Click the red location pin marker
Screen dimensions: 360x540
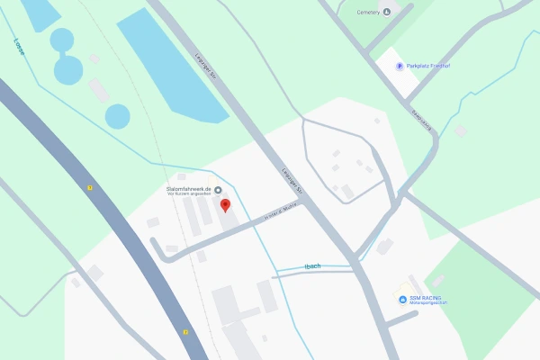click(225, 205)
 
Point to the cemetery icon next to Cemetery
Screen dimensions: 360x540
click(387, 11)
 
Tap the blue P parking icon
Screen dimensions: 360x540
click(400, 66)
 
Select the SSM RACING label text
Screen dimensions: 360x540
click(426, 298)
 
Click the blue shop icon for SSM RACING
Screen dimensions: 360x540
click(402, 299)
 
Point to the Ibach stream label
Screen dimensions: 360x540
click(313, 265)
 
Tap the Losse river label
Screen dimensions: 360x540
click(19, 46)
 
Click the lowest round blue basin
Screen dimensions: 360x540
click(118, 116)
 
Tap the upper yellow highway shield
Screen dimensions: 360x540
click(90, 187)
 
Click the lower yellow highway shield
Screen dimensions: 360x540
click(185, 332)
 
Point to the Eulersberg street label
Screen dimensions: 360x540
click(421, 121)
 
